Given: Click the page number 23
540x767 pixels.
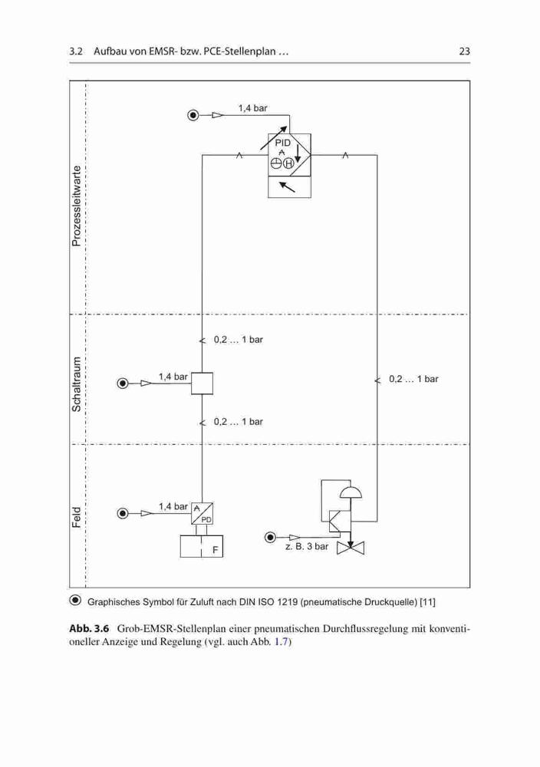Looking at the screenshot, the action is point(464,51).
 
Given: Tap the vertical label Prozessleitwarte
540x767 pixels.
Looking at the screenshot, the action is point(76,206).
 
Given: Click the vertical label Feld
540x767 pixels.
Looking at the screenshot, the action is point(76,517).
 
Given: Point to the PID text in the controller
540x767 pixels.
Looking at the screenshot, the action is point(283,143).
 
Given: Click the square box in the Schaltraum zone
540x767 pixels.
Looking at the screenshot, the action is point(202,383).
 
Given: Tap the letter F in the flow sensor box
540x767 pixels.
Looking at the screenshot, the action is point(216,550).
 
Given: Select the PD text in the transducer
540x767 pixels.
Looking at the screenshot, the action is point(206,519).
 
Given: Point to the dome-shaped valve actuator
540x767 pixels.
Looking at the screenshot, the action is point(351,492).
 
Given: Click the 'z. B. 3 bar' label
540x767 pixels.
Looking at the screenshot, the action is point(307,546).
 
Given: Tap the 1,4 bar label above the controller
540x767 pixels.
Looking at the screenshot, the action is point(253,108).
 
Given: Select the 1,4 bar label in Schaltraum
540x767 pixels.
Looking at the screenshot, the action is point(173,377).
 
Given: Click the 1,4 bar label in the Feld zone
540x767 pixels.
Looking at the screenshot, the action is point(173,506).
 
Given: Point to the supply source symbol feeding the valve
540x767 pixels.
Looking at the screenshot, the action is point(270,538).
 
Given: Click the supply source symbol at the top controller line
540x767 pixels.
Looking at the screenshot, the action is point(194,116).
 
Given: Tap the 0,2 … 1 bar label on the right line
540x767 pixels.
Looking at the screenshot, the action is point(413,379).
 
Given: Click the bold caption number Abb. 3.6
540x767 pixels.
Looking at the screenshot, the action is point(89,629).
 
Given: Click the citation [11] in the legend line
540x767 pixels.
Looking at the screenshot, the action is point(428,601).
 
